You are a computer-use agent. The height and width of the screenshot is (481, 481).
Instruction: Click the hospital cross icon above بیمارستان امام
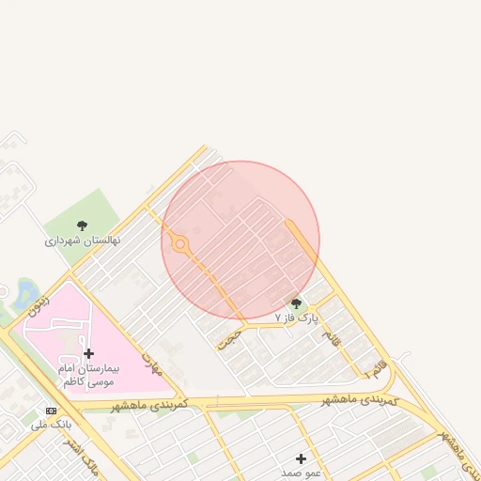(x=89, y=353)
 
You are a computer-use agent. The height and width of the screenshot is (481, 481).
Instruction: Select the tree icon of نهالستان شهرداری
(x=82, y=225)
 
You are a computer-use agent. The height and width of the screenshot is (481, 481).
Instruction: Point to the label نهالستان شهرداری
(x=83, y=241)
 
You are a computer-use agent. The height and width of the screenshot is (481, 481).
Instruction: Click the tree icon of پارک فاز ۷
(x=297, y=303)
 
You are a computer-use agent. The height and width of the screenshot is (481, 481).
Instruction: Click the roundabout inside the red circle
(x=179, y=246)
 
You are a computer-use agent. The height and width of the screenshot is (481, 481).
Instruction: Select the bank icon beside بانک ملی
(x=51, y=411)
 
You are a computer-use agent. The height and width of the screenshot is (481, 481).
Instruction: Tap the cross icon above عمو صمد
(x=301, y=458)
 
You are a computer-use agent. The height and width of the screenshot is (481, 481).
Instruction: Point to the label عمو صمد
(x=301, y=473)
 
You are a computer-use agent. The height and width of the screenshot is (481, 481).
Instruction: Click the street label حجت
(x=230, y=337)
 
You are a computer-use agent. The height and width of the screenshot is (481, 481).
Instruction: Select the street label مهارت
(x=150, y=361)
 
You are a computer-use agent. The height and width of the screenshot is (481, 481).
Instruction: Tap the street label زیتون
(x=38, y=300)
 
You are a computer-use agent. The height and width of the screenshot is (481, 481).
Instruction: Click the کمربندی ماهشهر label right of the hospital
(x=150, y=405)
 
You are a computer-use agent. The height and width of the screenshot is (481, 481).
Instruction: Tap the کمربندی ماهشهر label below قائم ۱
(x=367, y=401)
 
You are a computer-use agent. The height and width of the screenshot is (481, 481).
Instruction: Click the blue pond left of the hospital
(x=23, y=292)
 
